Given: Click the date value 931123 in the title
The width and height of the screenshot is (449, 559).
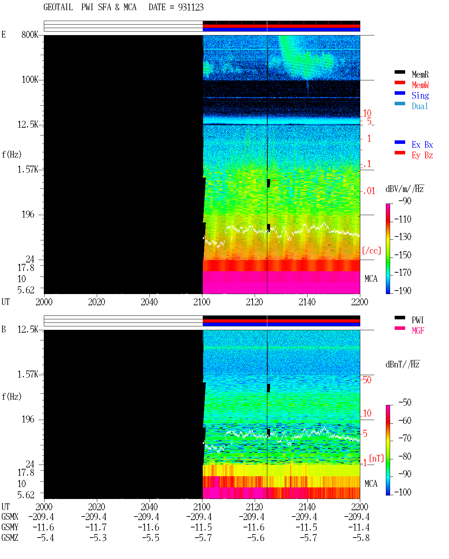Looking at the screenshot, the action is click(x=190, y=7).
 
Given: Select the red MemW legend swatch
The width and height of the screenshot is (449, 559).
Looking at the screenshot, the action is click(x=400, y=82).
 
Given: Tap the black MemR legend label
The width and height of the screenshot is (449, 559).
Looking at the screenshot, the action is click(x=420, y=74).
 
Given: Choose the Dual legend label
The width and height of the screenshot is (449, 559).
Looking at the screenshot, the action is click(x=420, y=106).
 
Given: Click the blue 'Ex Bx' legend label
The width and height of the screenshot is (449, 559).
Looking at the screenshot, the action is click(x=422, y=145).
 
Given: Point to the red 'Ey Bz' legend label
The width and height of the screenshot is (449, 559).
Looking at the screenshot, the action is click(x=422, y=155).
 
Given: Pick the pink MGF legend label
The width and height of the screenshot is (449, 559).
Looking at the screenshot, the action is click(x=418, y=331).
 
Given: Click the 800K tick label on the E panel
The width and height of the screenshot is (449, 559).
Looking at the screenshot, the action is click(x=29, y=34).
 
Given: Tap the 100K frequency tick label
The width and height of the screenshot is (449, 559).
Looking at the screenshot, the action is click(x=29, y=80).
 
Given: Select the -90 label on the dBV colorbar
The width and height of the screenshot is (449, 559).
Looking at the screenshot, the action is click(x=405, y=201).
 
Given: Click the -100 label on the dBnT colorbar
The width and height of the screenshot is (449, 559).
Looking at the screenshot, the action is click(x=403, y=492).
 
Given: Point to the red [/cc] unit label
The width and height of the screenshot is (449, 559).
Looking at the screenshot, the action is click(x=371, y=251).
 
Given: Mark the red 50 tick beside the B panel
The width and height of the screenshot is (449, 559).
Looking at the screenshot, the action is click(x=367, y=380).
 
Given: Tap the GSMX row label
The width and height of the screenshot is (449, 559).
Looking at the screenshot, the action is click(x=10, y=517).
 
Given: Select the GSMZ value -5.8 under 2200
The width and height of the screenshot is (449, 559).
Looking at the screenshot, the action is click(x=361, y=538).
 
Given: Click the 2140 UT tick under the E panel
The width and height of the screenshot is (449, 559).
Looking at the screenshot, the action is click(x=307, y=302).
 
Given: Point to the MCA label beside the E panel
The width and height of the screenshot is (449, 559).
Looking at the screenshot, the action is click(x=371, y=279).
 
